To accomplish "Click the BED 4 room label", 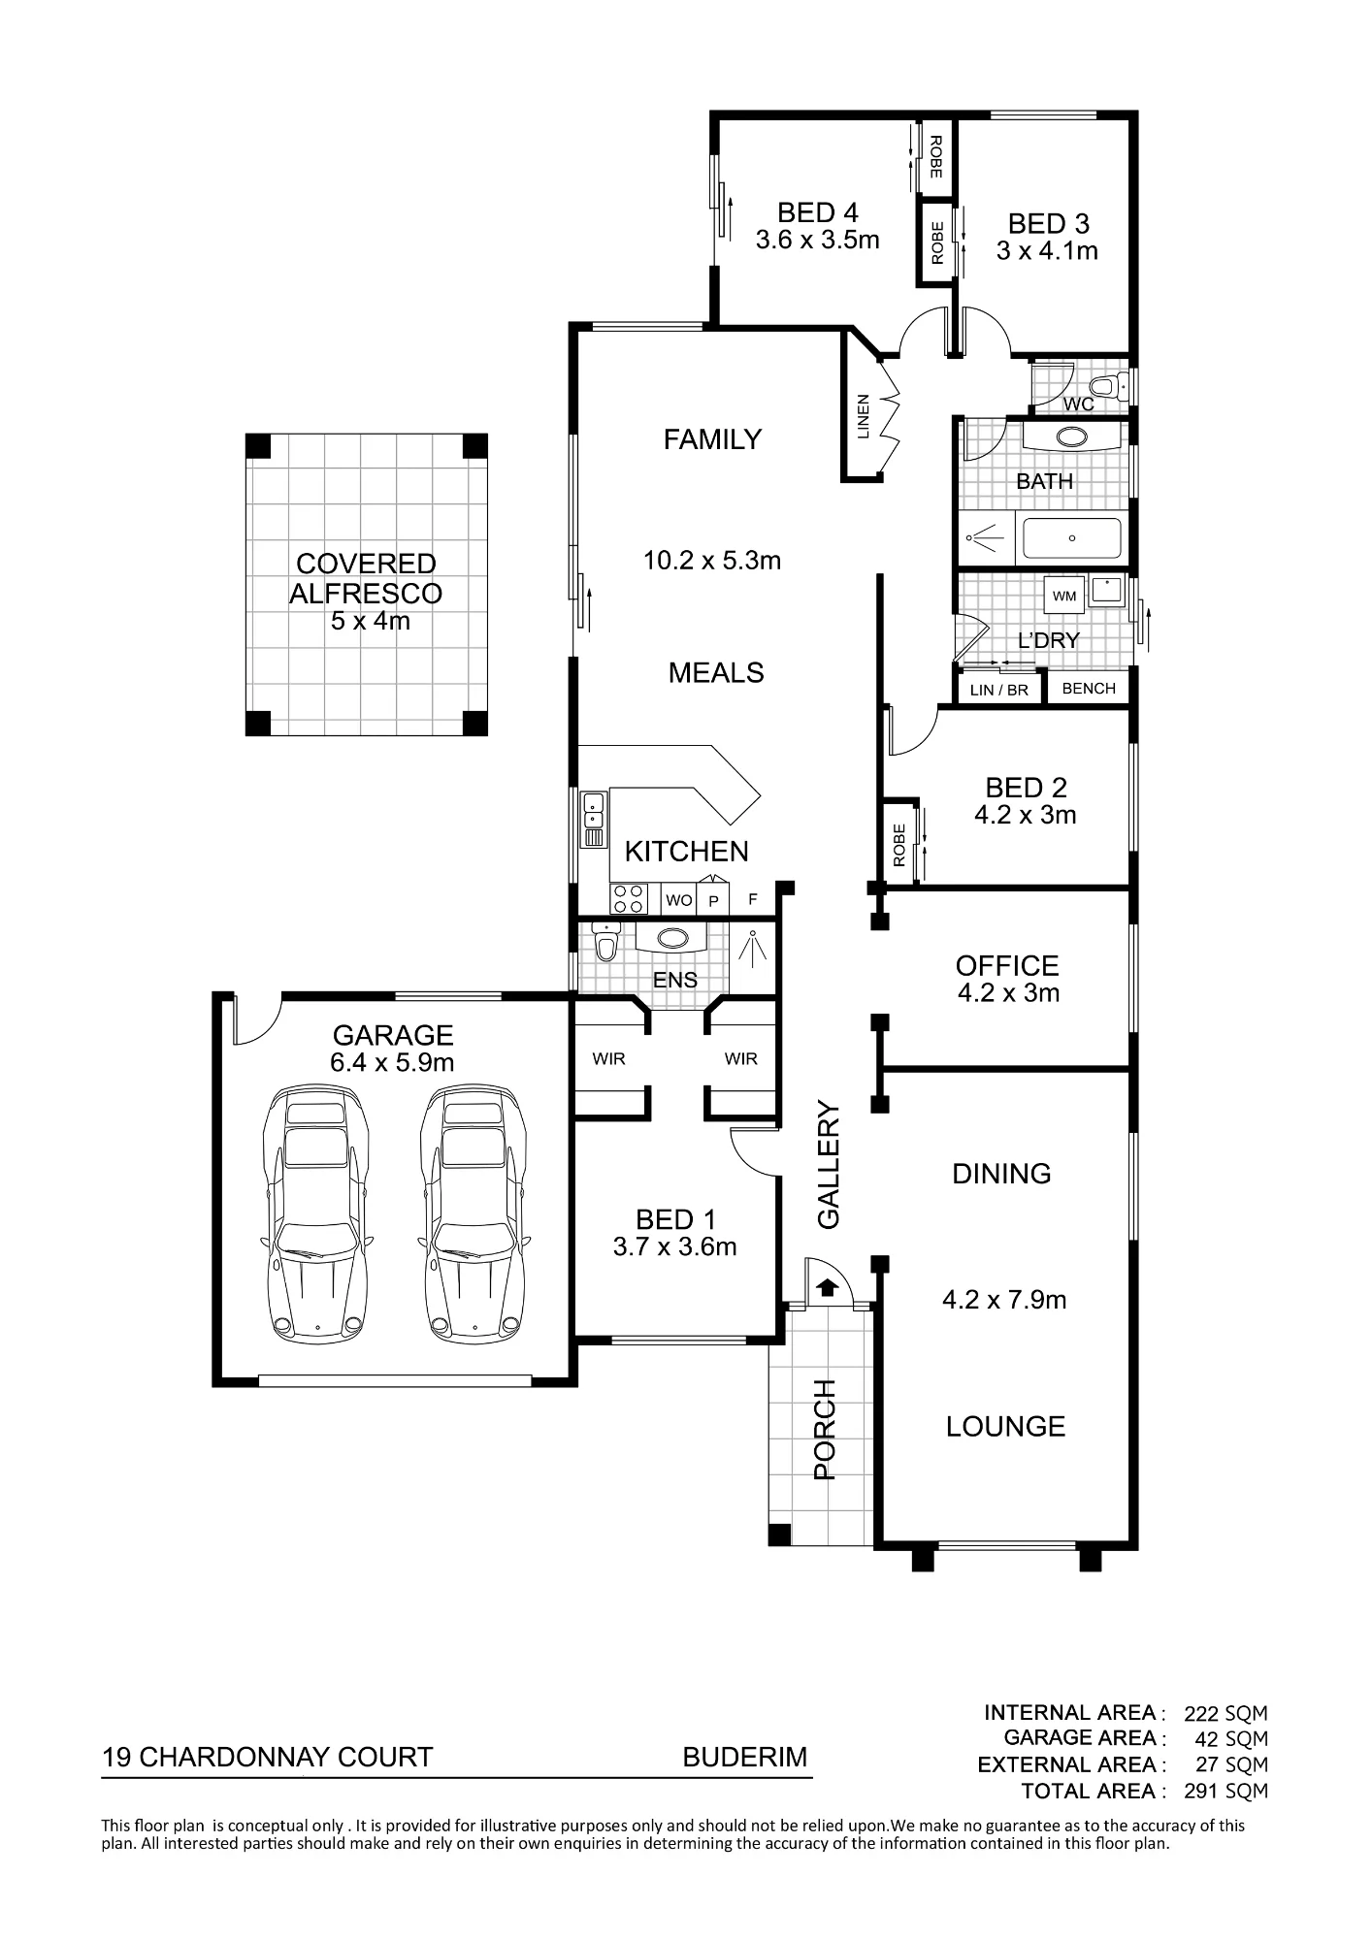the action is click(818, 211).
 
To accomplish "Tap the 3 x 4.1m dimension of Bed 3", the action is click(1047, 251).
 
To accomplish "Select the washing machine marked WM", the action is click(1064, 596).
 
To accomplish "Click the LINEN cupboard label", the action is click(864, 416).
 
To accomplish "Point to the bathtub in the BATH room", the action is click(1072, 537).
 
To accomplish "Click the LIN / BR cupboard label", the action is click(998, 691).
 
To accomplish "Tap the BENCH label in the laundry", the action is click(1089, 688).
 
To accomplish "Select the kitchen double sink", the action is click(593, 820).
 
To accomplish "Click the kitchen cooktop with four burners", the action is click(629, 899).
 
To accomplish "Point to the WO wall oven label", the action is click(679, 900).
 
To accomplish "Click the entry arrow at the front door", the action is click(827, 1287).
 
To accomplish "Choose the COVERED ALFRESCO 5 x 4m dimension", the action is click(371, 621).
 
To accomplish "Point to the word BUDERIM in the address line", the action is click(745, 1758).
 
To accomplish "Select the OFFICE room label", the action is click(1007, 965).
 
